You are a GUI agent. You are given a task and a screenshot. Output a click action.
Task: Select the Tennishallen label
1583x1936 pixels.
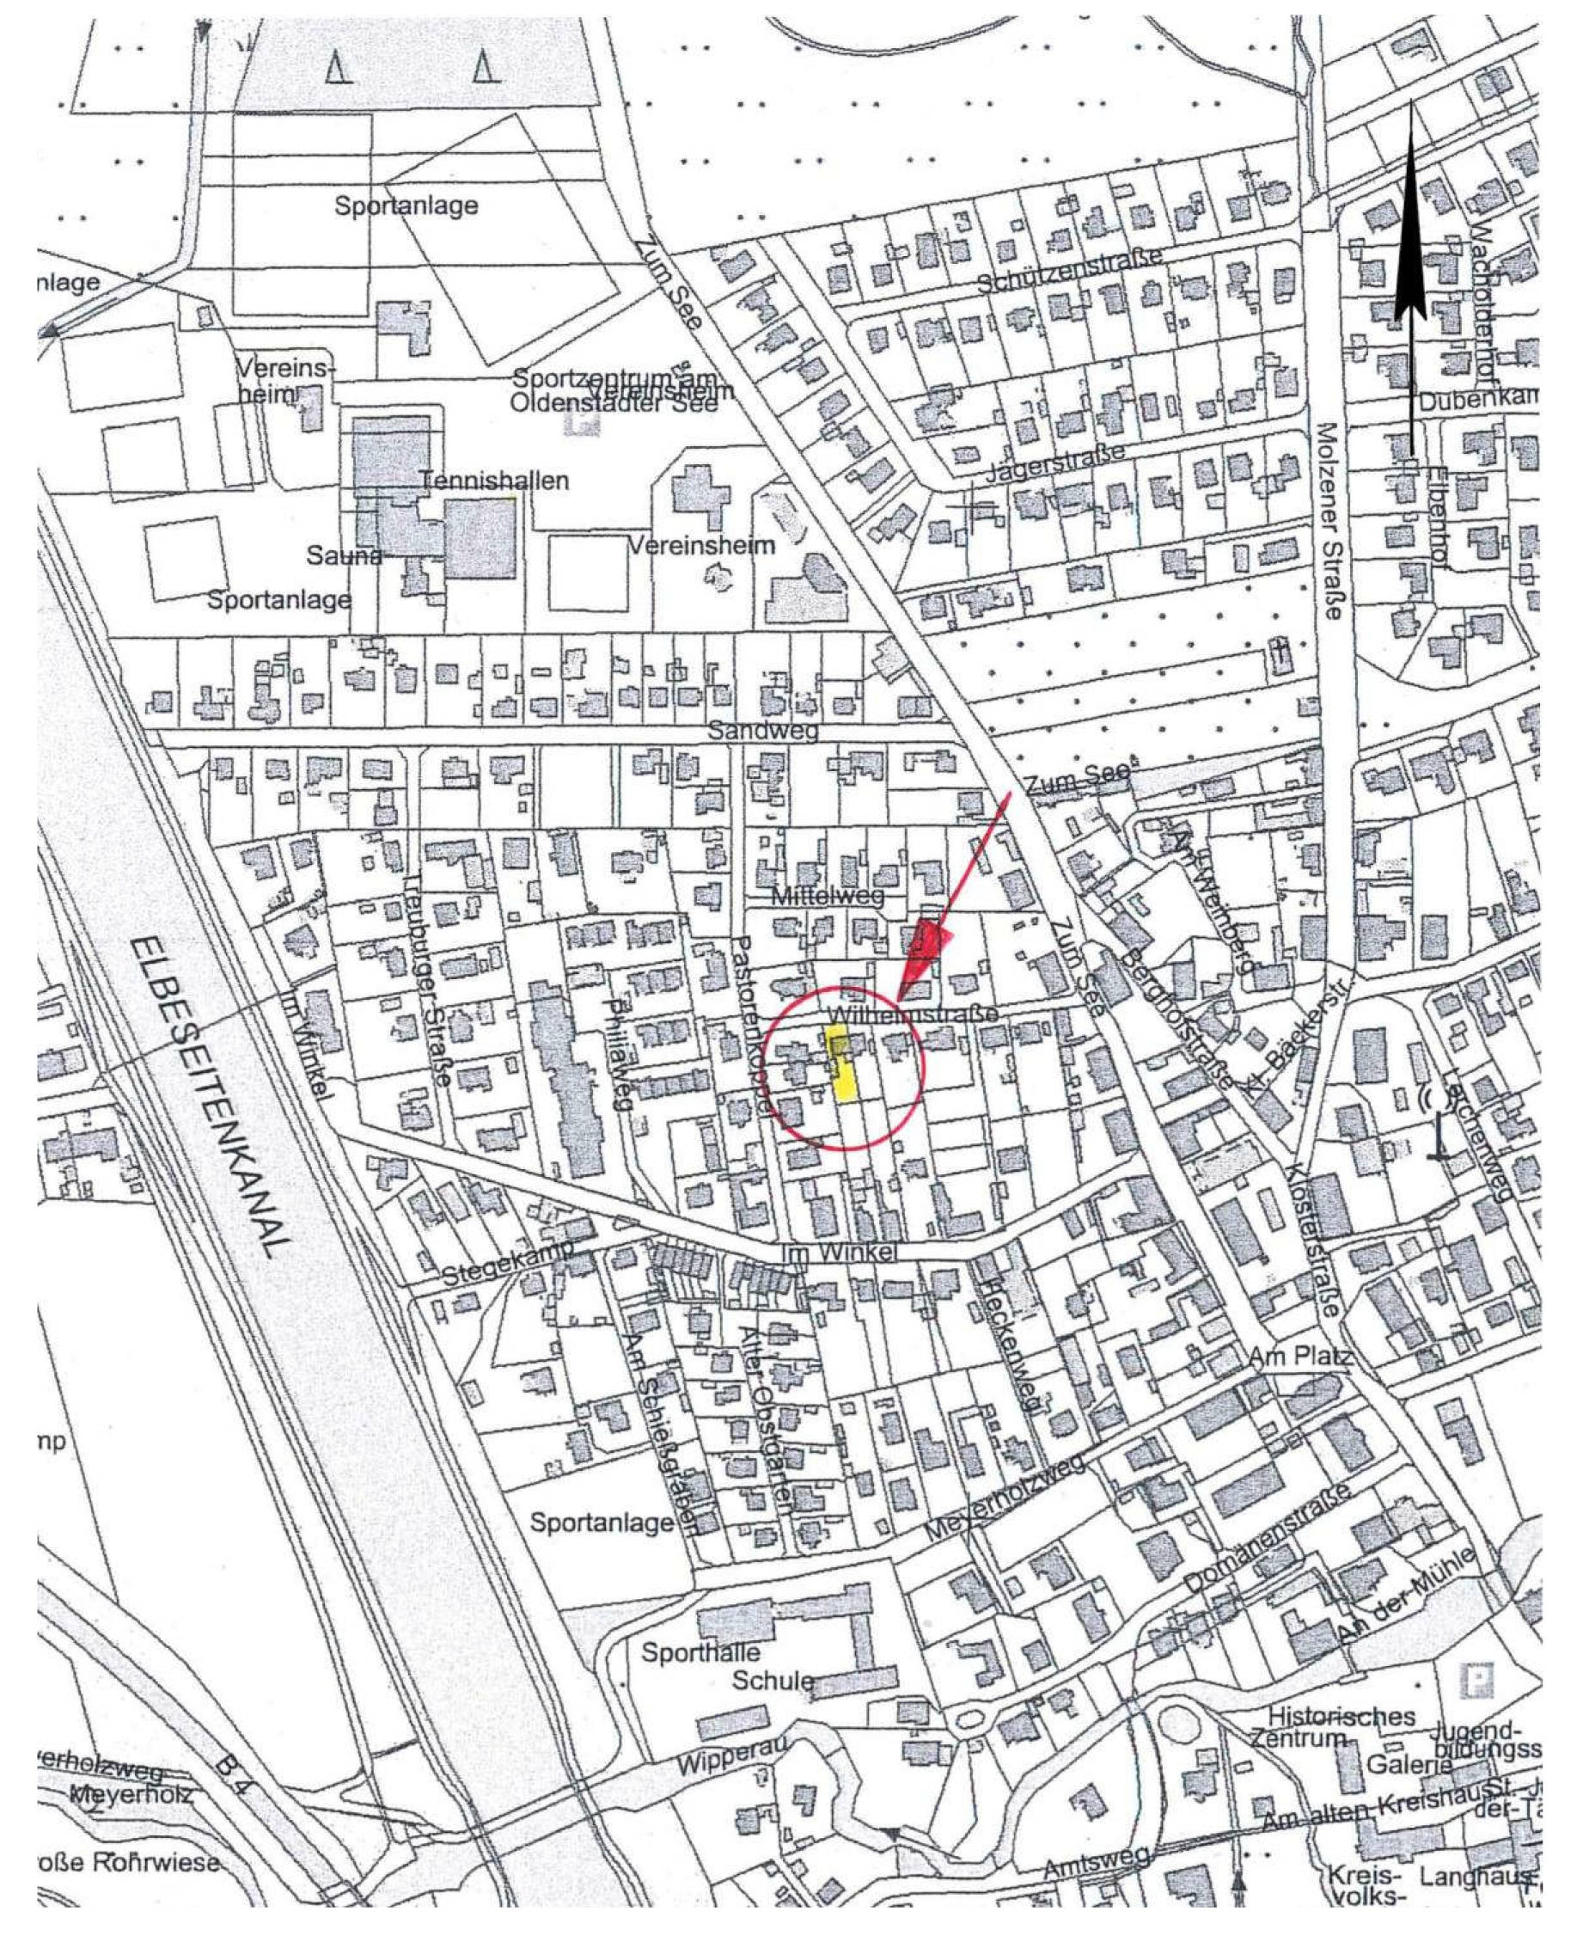[x=494, y=481]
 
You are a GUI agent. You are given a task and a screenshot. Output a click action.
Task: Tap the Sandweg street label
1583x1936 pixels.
[x=764, y=731]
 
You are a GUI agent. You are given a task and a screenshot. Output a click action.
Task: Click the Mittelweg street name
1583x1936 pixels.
[x=827, y=897]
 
